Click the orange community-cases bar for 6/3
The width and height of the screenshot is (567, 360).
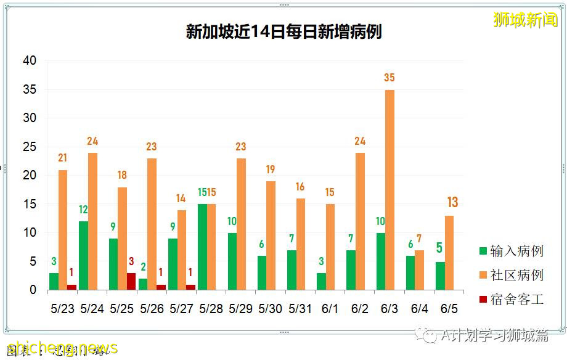coord(390,190)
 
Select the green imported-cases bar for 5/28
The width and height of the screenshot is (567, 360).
coord(202,247)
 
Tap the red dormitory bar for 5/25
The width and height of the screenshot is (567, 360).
coord(131,281)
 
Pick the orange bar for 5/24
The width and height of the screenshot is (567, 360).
coord(92,221)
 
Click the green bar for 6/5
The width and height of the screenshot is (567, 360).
coord(439,276)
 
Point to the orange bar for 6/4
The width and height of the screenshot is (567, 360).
coord(419,270)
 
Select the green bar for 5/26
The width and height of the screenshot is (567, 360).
coord(143,284)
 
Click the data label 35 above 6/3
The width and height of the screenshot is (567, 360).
coord(389,78)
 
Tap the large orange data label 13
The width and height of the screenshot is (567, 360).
coord(452,203)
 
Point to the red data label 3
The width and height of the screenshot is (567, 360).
coord(131,261)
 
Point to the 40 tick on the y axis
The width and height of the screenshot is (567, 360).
coord(30,61)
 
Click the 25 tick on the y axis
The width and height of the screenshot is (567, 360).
coord(30,147)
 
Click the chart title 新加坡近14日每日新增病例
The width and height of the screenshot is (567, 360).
coord(283,31)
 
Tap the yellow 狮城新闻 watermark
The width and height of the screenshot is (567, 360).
coord(525,20)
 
